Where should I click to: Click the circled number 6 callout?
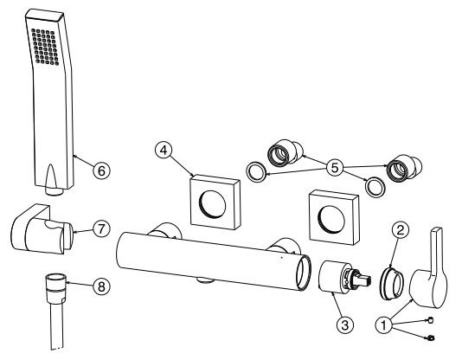[101, 170]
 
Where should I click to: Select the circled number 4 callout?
[164, 151]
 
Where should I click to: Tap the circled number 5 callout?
[335, 168]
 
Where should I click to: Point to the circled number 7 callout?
[101, 228]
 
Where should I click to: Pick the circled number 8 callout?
[101, 286]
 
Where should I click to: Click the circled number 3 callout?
[344, 325]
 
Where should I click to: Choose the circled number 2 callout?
[400, 230]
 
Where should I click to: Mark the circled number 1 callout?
[384, 325]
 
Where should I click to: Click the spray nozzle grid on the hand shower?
[45, 47]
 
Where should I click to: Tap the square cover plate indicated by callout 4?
[215, 202]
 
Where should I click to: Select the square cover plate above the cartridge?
[334, 217]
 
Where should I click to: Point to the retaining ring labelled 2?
[391, 282]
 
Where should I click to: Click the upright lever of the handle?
[436, 251]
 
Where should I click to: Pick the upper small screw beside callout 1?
[431, 320]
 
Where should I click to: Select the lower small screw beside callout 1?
[430, 337]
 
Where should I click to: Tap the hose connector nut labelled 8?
[55, 289]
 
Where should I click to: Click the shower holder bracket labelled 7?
[42, 229]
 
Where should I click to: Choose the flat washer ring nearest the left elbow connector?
[256, 171]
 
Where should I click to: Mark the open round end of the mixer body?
[304, 273]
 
